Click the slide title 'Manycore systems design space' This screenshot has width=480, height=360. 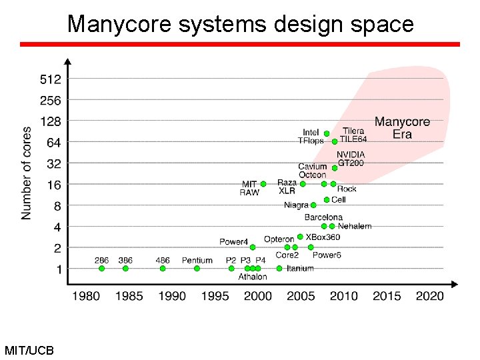coord(240,24)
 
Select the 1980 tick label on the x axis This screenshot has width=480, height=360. coord(87,295)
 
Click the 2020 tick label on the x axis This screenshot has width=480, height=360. coord(429,295)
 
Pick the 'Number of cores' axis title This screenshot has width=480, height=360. coord(27,173)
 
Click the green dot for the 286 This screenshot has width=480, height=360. coord(101,269)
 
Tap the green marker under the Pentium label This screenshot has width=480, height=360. coord(197,269)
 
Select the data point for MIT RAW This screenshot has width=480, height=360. coord(263,184)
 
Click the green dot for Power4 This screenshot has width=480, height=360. coord(253,247)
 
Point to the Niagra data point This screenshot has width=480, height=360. coord(313,205)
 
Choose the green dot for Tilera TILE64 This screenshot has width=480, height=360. coord(335,141)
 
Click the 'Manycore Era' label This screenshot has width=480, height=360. coord(402,128)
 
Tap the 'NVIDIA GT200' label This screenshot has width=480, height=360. coord(350,159)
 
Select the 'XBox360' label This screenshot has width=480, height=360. coord(323,237)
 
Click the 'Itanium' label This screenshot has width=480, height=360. coord(300,269)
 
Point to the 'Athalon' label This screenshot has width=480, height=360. coord(253,277)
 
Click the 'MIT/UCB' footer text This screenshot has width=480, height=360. coord(29,350)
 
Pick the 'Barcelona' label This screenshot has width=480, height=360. coord(323,217)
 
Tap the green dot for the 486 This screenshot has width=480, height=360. coord(163,269)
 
